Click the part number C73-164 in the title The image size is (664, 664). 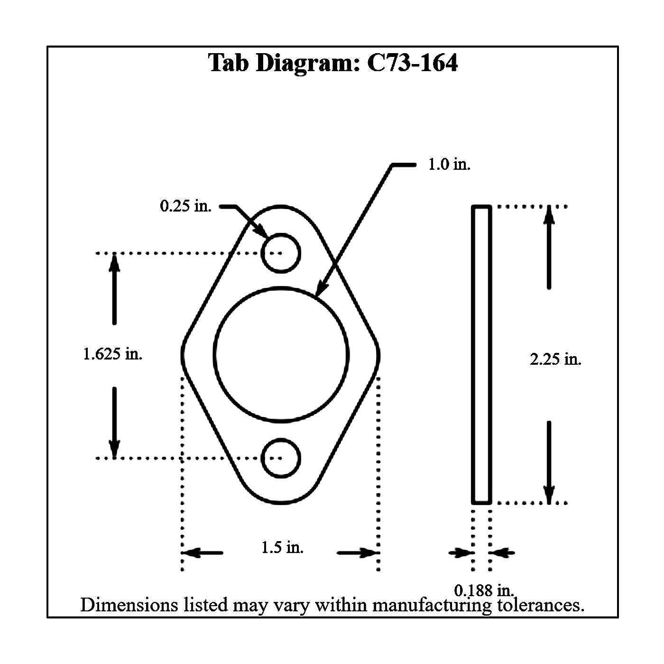tap(413, 63)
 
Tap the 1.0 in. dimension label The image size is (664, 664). tap(449, 165)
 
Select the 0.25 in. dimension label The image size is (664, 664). tap(185, 206)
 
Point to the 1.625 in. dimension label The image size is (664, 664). tap(112, 354)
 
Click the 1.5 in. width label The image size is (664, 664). tap(282, 548)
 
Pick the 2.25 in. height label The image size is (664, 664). tap(555, 360)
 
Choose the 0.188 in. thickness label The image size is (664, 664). tap(484, 590)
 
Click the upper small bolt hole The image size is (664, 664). tap(281, 253)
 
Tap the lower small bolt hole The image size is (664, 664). tap(281, 459)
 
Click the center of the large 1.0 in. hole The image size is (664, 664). tap(281, 354)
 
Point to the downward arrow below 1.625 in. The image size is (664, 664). tap(114, 422)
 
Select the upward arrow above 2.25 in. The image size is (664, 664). tap(549, 247)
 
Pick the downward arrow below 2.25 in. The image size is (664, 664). tap(549, 462)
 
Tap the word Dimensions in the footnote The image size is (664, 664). tap(129, 605)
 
